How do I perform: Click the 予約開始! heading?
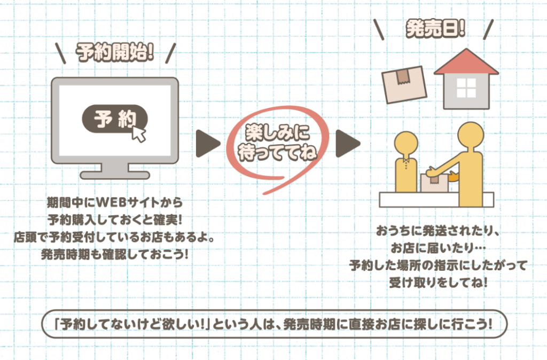115,52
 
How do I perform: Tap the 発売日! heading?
435,28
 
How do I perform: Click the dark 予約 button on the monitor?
115,119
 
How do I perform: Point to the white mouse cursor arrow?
138,134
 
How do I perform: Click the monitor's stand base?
115,175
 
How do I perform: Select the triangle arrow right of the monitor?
208,143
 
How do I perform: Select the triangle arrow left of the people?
348,143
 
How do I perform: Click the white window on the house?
466,88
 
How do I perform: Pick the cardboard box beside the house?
404,84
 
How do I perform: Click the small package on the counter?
434,183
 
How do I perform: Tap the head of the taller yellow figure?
471,135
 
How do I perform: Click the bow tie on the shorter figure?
406,161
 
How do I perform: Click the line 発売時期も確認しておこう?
115,254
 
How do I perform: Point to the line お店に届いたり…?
438,248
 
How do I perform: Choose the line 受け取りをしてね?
438,282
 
